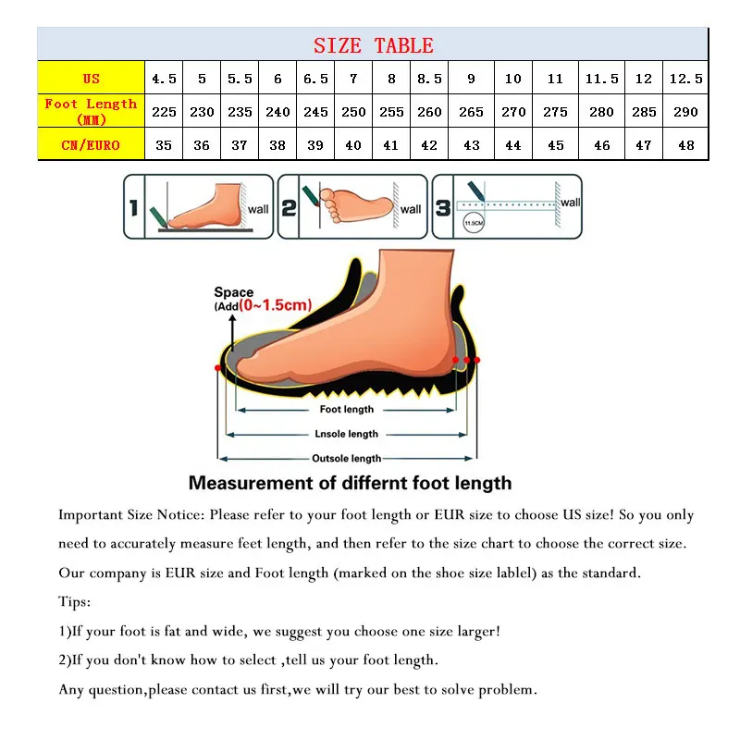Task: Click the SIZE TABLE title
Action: [x=373, y=45]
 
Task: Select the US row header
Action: [x=91, y=79]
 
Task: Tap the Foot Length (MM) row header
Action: [x=91, y=111]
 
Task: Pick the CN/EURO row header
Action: [x=91, y=144]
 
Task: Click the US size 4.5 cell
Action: [x=164, y=79]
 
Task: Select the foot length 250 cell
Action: [x=353, y=112]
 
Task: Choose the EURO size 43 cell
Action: [x=471, y=145]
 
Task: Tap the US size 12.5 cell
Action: [x=685, y=79]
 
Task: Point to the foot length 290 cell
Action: [x=685, y=112]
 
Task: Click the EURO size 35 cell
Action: [x=164, y=145]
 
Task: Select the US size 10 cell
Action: [x=513, y=79]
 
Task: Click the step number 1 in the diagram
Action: [x=134, y=207]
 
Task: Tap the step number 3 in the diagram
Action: [x=443, y=207]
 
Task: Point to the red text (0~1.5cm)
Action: [x=275, y=305]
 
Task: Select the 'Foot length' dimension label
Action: [x=347, y=409]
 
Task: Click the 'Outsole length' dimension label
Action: [x=347, y=458]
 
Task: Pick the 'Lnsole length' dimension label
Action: [x=347, y=433]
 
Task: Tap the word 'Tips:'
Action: [x=75, y=601]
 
